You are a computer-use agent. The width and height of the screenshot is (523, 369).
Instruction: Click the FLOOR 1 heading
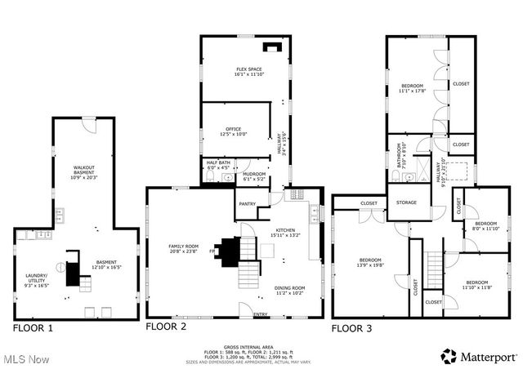[34, 327]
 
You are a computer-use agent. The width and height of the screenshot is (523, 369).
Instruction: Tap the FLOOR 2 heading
[167, 326]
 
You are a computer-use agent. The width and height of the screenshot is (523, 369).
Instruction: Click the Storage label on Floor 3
[406, 202]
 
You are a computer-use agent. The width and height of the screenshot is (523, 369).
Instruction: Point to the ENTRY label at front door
[261, 314]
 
